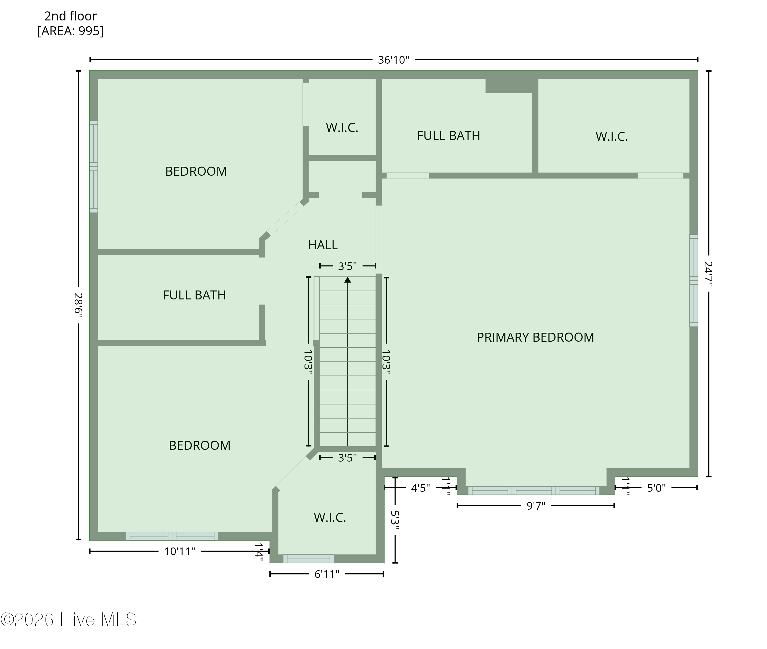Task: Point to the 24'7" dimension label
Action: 708,273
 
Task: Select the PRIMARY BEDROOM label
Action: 535,337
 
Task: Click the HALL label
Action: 323,245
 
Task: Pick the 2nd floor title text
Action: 70,16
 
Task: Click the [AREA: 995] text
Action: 71,31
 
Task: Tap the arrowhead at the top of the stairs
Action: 348,279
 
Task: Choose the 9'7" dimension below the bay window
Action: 536,506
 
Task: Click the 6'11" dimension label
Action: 327,574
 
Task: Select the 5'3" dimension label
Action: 395,520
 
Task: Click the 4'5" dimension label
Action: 421,488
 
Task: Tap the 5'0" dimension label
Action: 656,488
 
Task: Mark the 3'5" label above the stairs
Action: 347,266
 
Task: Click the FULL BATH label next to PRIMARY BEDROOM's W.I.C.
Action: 448,136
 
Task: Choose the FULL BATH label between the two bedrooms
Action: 194,295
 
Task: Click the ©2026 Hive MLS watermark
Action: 69,620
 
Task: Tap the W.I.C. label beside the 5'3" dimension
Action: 330,518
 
